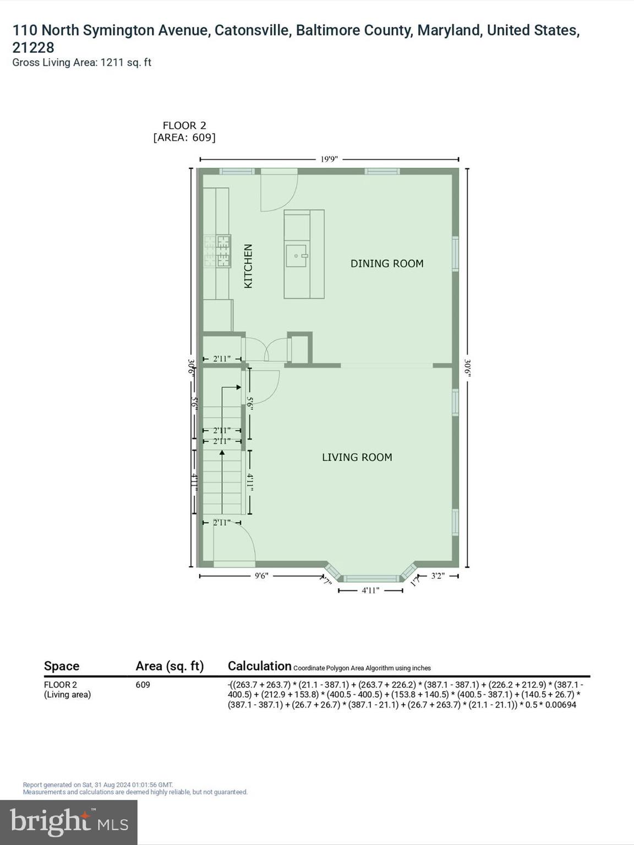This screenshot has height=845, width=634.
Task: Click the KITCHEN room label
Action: [x=248, y=266]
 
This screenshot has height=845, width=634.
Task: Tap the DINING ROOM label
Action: [x=387, y=264]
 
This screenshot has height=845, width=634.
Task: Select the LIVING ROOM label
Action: [x=357, y=457]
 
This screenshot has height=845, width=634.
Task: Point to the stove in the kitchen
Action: [x=217, y=251]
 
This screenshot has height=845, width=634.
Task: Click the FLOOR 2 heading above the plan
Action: [x=184, y=125]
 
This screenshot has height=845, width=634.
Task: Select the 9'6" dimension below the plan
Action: [x=261, y=576]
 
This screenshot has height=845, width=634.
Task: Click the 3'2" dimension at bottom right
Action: [x=438, y=576]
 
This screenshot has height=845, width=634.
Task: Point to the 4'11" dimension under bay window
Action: [x=370, y=591]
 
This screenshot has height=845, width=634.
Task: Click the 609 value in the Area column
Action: [x=143, y=685]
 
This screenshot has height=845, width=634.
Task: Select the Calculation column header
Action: [x=259, y=666]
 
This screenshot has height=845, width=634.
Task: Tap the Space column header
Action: [x=62, y=666]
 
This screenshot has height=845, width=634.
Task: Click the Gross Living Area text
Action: [x=81, y=63]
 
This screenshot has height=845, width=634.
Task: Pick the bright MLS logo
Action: [x=69, y=822]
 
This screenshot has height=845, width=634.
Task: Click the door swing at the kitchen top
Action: [x=278, y=191]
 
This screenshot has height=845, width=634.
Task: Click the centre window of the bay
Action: [x=371, y=578]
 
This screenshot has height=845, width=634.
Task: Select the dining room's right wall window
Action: [x=455, y=254]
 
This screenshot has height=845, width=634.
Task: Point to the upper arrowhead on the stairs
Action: [x=238, y=387]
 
